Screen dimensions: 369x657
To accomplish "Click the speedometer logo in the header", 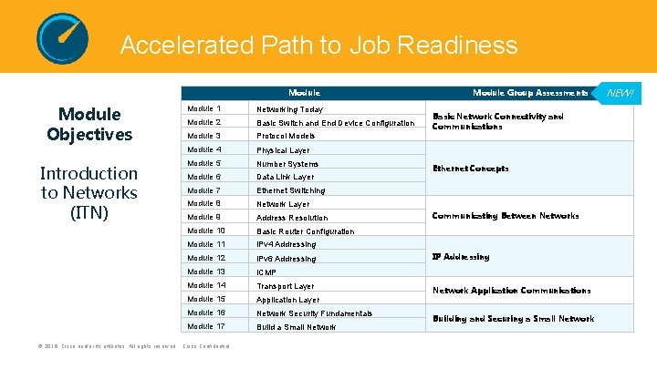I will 62,38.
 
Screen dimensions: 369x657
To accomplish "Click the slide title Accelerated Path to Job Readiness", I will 318,45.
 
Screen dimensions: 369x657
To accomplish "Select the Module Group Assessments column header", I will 530,93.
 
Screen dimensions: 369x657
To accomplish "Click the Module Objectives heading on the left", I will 89,124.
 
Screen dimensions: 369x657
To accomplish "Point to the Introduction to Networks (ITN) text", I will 89,192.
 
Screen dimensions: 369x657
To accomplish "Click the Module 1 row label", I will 204,109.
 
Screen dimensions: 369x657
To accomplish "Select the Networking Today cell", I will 289,109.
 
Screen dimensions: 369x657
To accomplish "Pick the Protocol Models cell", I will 286,136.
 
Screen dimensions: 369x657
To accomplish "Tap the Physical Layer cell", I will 283,150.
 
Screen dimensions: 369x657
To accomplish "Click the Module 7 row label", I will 204,190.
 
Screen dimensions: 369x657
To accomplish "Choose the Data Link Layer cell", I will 285,177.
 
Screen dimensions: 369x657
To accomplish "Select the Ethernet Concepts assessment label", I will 471,169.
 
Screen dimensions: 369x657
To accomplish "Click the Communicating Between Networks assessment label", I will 506,216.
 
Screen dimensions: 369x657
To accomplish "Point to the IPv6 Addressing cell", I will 287,259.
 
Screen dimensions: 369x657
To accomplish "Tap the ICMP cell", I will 266,272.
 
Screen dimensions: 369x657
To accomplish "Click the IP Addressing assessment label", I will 461,257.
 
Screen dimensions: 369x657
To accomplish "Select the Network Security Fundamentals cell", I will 315,313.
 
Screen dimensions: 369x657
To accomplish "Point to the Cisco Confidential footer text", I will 207,346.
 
